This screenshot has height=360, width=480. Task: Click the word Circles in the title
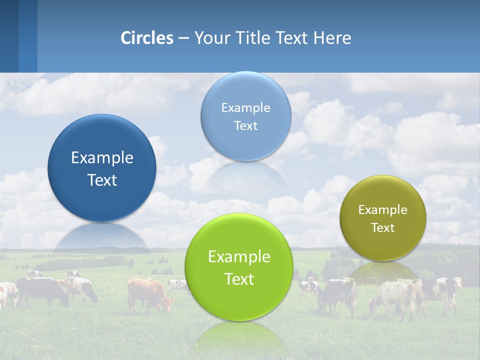pos(146,38)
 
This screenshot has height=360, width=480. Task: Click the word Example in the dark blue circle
pos(102,158)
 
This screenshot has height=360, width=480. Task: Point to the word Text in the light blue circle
pos(245,126)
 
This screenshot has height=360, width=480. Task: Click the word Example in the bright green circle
pos(239,257)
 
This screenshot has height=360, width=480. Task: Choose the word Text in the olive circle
pos(382,228)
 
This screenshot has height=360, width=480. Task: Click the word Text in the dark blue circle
pos(102,180)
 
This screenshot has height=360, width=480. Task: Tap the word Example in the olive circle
pos(382,210)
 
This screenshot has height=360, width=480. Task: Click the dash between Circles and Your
pos(183,38)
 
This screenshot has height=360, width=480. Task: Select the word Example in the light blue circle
pos(245,108)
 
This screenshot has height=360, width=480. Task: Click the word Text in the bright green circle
pos(239,279)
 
